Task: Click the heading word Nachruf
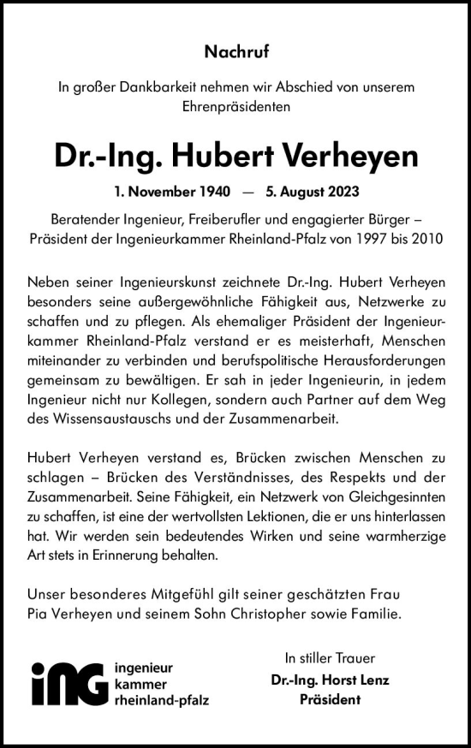pos(236,52)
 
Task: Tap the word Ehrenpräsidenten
pos(236,108)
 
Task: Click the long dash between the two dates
pos(245,192)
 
